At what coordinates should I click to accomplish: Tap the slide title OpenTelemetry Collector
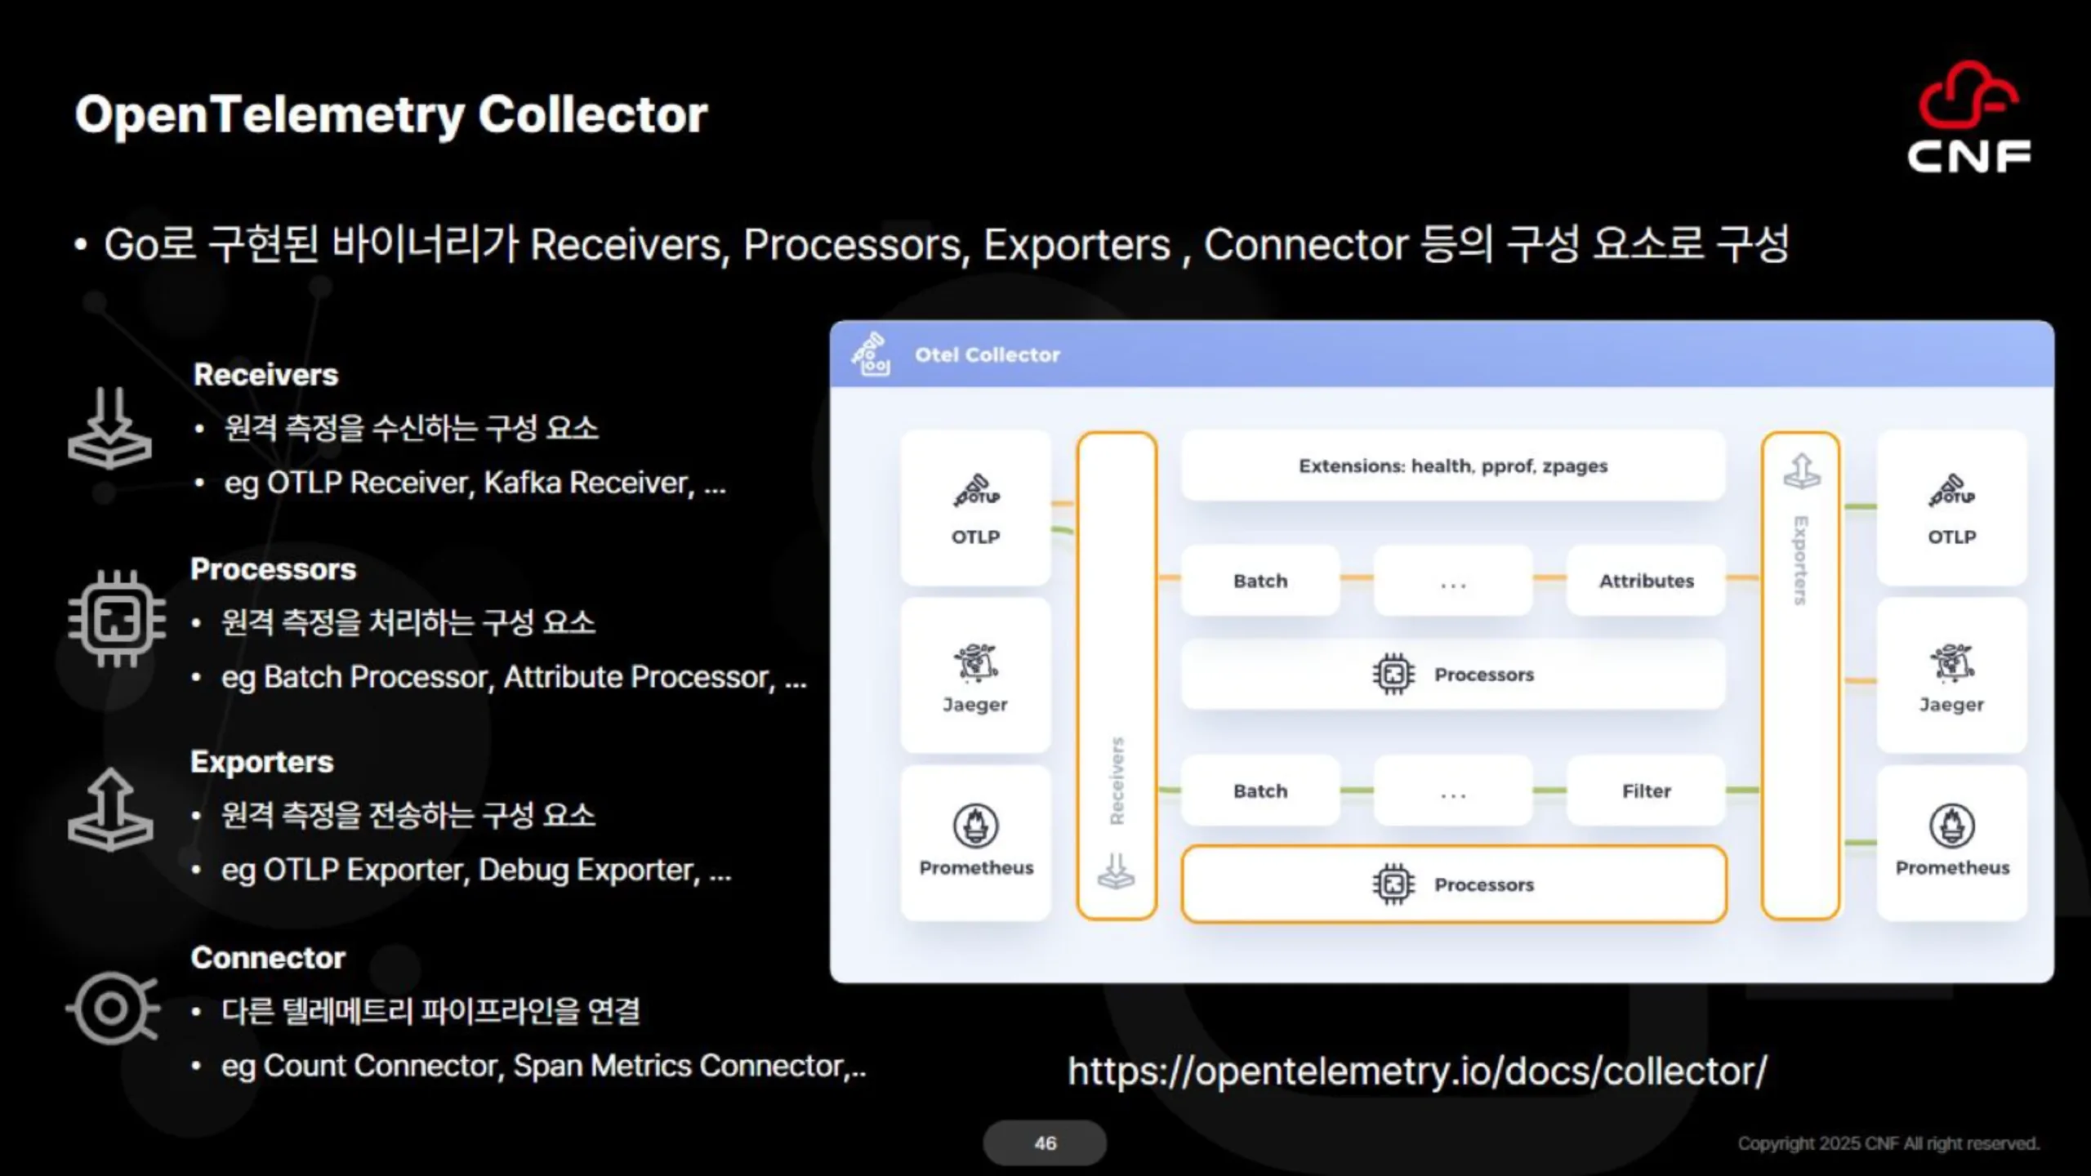[390, 114]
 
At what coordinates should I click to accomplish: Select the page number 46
[1045, 1143]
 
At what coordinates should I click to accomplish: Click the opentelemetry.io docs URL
[1417, 1071]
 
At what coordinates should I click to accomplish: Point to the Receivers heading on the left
[265, 375]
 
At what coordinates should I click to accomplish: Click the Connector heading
[268, 957]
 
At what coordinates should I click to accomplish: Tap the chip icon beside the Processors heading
[117, 618]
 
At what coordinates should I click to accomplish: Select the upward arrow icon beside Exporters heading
[110, 809]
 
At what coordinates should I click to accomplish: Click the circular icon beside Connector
[112, 1009]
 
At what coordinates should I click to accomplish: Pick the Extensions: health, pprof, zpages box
[1452, 465]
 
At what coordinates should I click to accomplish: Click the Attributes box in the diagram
[1646, 581]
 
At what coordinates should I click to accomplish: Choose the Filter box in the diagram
[1646, 791]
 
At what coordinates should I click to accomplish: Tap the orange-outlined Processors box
[1453, 884]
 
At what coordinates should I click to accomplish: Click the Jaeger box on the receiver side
[975, 675]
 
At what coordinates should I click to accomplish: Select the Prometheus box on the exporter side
[1952, 843]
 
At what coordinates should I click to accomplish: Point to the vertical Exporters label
[1800, 560]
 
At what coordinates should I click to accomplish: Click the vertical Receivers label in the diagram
[1117, 781]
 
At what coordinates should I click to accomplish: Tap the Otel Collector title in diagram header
[987, 354]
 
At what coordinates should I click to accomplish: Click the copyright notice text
[1888, 1143]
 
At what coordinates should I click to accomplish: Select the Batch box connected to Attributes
[1260, 581]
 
